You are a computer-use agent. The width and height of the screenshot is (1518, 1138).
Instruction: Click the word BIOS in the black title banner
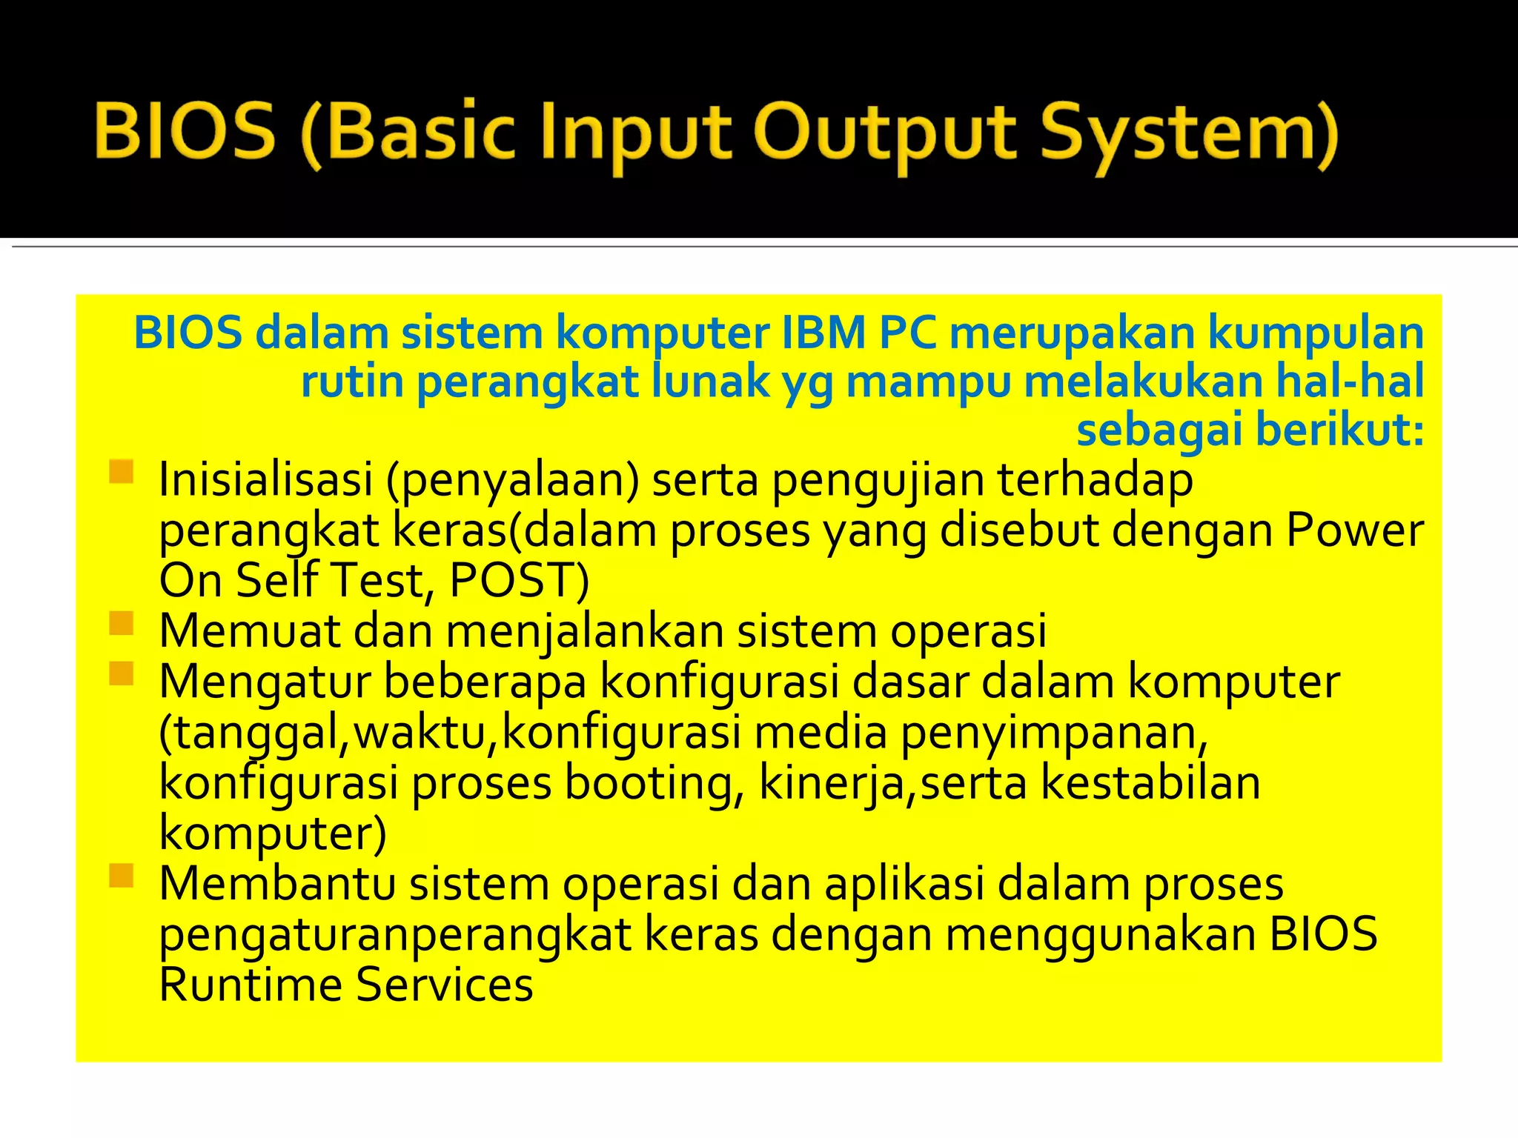pyautogui.click(x=185, y=132)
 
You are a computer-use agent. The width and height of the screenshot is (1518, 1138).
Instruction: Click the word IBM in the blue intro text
pyautogui.click(x=823, y=333)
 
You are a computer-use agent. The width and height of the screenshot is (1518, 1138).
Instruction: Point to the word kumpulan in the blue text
pyautogui.click(x=1316, y=333)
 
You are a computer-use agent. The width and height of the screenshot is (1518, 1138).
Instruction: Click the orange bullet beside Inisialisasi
pyautogui.click(x=121, y=472)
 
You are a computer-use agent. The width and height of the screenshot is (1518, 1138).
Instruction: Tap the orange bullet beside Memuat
pyautogui.click(x=121, y=623)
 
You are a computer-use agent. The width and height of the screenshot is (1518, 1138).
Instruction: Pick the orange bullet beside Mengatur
pyautogui.click(x=121, y=673)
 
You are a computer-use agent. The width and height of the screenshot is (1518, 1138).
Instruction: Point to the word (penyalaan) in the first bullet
pyautogui.click(x=512, y=480)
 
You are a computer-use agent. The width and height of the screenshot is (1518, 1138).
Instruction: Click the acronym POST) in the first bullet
pyautogui.click(x=520, y=580)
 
